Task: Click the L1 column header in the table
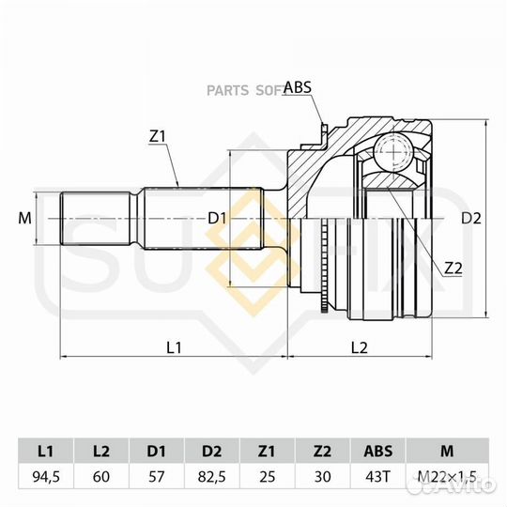point(46,451)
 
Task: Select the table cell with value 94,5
point(46,477)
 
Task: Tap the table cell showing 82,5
point(212,477)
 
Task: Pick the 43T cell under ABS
point(377,477)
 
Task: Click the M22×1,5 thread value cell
point(447,477)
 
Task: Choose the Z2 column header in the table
point(322,451)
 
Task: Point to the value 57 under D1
point(157,477)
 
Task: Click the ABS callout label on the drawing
point(298,87)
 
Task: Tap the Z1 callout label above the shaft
point(157,137)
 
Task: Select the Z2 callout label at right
point(453,268)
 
